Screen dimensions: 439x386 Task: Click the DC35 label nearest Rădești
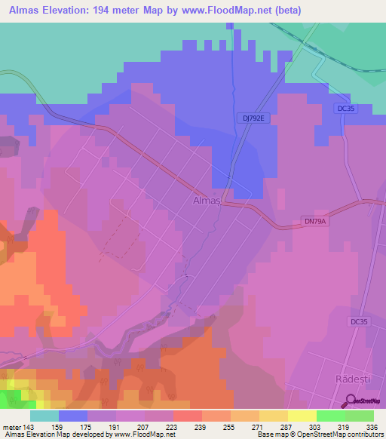click(x=360, y=321)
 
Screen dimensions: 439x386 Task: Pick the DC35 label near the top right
click(x=348, y=109)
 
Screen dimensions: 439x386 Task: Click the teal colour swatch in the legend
click(x=44, y=415)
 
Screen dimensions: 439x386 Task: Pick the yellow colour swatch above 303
click(x=302, y=415)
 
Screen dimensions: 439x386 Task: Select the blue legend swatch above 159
click(x=73, y=415)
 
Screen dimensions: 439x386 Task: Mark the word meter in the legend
click(x=13, y=425)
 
